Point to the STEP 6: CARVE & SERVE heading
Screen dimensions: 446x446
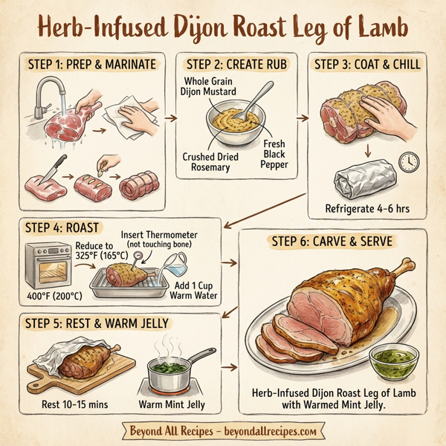[x=332, y=241]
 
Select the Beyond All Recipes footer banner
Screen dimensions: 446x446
[x=222, y=430]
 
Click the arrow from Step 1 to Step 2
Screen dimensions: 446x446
[x=170, y=117]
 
